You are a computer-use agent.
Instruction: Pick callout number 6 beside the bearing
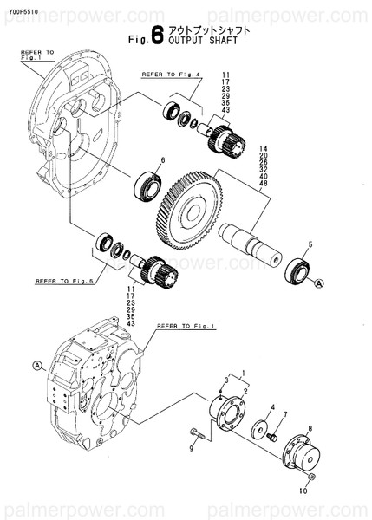point(161,160)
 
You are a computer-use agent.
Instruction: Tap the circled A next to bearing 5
point(318,283)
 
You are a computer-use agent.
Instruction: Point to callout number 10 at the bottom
point(303,489)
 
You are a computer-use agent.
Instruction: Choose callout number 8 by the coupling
point(309,415)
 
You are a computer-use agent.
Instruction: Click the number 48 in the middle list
point(263,184)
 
